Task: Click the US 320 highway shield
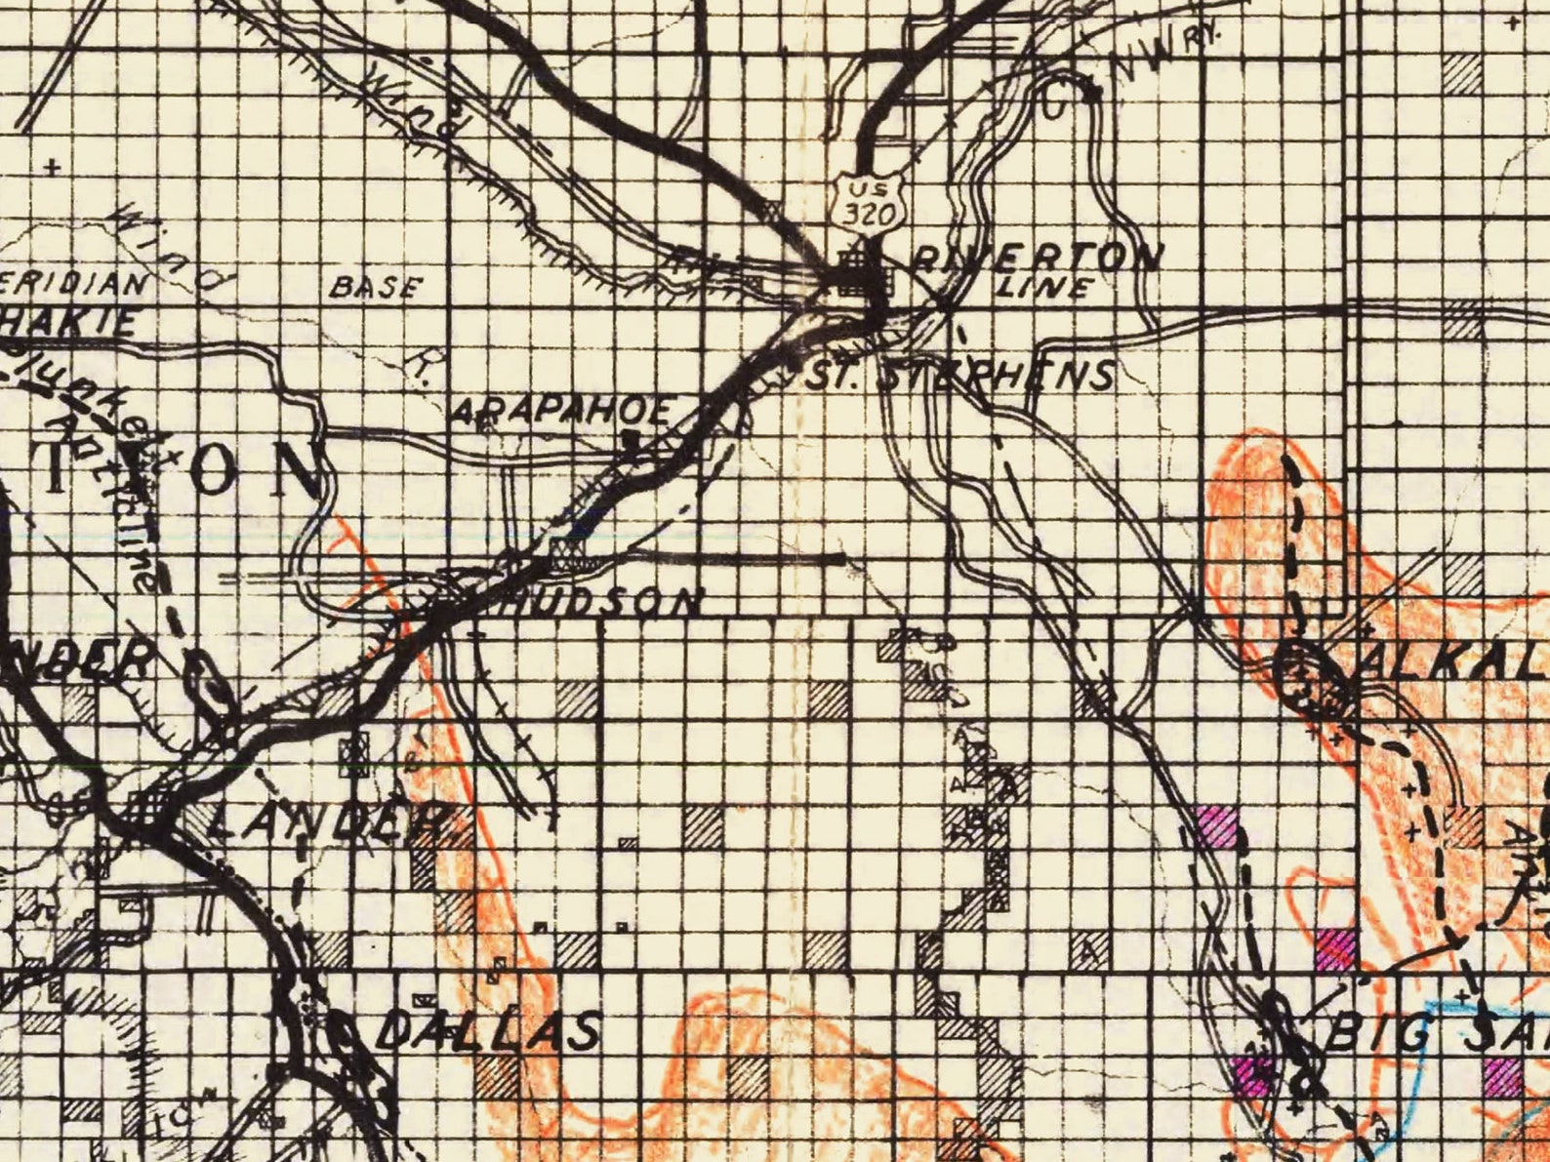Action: pos(866,203)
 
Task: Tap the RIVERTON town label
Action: pos(1039,257)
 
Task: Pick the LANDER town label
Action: pos(327,822)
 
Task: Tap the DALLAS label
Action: pos(488,1031)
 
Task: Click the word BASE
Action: pos(377,287)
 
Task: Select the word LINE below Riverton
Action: pos(1045,287)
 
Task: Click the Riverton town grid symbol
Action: pos(860,273)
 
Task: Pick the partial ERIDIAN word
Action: pos(73,284)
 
